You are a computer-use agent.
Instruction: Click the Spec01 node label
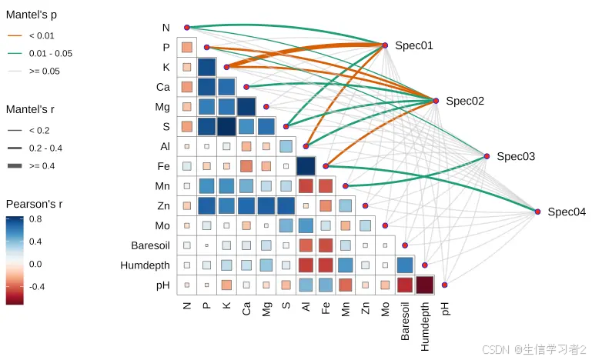414,45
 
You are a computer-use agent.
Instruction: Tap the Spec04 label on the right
567,212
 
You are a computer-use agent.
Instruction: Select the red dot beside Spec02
436,101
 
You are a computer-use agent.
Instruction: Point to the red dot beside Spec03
487,156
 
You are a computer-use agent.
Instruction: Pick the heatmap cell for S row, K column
226,125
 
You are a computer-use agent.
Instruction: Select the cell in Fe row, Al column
306,165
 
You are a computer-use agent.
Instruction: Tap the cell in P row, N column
186,47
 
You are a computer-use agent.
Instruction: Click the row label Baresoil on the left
145,245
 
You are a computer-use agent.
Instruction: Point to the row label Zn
162,205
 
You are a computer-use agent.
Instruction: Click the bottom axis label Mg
266,308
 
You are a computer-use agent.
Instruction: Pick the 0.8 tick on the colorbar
36,219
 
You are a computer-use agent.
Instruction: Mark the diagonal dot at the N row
186,28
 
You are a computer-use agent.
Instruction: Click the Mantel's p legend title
32,15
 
